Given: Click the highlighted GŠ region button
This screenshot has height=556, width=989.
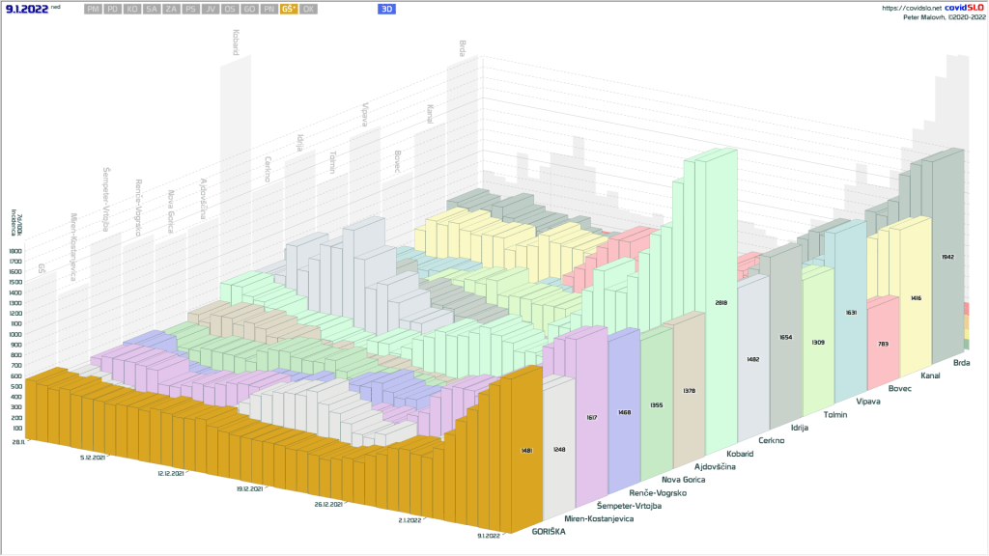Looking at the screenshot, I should [288, 9].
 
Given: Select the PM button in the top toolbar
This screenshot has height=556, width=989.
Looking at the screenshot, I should [92, 9].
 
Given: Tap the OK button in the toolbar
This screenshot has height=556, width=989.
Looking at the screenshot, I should [308, 9].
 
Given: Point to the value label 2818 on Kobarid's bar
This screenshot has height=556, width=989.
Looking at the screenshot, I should [719, 302].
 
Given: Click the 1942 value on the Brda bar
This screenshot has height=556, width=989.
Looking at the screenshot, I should [947, 258].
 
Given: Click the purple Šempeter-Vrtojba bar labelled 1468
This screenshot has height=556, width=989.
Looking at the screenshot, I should [624, 412].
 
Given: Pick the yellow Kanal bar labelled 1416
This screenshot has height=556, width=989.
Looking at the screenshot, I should [916, 298].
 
